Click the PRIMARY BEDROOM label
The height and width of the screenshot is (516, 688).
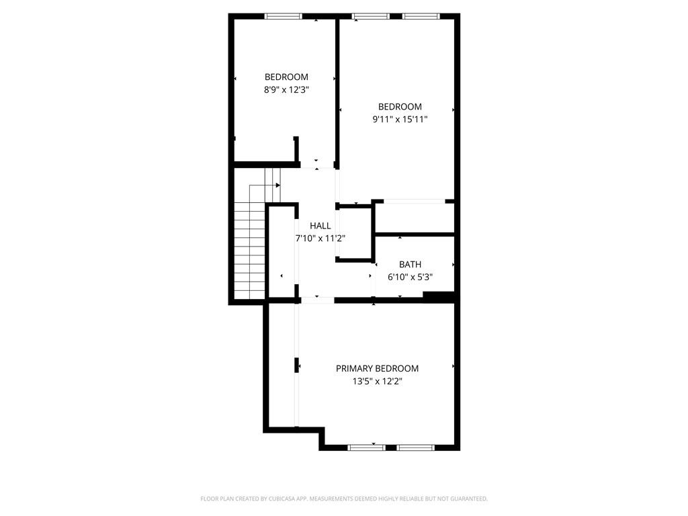coord(377,368)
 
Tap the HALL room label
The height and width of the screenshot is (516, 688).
coord(320,226)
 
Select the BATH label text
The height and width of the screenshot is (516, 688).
coord(410,265)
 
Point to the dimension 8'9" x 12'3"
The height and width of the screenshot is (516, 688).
coord(286,89)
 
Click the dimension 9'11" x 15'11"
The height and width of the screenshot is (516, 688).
coord(400,119)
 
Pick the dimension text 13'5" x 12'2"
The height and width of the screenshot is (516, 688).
coord(377,381)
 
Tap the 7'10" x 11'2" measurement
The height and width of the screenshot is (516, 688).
coord(320,238)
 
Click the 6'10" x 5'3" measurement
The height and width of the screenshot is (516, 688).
coord(410,277)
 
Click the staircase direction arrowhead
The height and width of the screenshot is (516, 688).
coord(277,185)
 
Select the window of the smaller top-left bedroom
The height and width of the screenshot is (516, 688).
coord(284,16)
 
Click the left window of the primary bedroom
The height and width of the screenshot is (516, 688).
coord(367,447)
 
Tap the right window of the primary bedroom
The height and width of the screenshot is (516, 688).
coord(416,447)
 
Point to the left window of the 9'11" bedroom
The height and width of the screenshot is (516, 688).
coord(371,16)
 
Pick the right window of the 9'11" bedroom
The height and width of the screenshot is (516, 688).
coord(421,16)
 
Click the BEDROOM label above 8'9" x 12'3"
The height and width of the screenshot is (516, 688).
coord(286,77)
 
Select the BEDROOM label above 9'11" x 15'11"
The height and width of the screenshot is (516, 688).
coord(400,107)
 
